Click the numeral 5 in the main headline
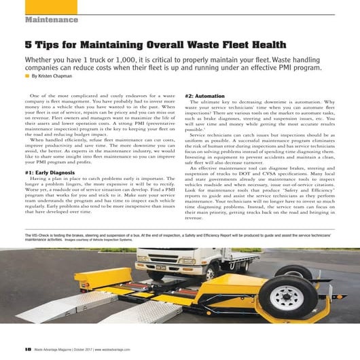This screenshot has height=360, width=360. coord(29,46)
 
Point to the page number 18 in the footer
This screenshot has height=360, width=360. coord(27,348)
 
